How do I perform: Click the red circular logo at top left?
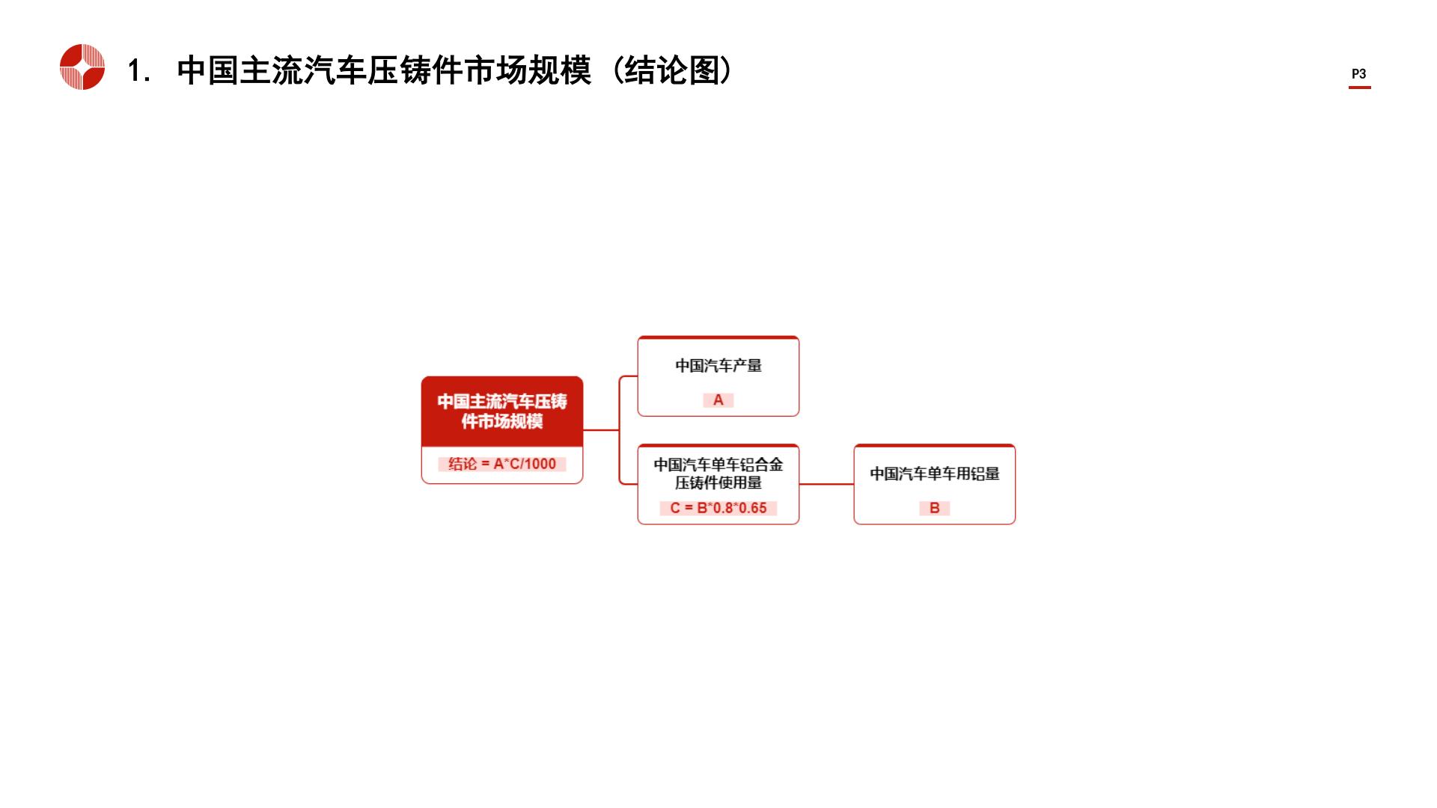tap(82, 67)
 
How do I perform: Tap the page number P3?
tap(1359, 74)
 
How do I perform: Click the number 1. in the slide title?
tap(139, 71)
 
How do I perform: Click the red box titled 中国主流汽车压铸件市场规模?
tap(502, 411)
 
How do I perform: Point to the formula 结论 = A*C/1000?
tap(502, 464)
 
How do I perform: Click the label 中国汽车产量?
tap(718, 366)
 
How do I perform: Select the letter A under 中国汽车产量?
tap(718, 400)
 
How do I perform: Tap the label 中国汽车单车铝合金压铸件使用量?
tap(718, 474)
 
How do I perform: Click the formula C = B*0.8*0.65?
tap(718, 508)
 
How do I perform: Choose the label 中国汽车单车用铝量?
tap(935, 474)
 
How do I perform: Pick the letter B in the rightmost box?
tap(935, 508)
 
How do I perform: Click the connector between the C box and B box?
tap(826, 484)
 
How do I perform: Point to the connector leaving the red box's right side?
tap(601, 430)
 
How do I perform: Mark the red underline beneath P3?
tap(1360, 88)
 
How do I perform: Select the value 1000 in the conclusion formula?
tap(540, 464)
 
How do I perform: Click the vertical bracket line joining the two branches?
tap(620, 430)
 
